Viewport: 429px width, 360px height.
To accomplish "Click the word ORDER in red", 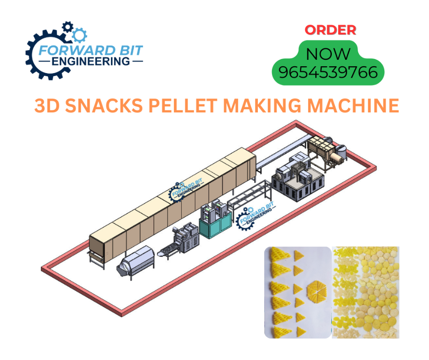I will click(x=330, y=30).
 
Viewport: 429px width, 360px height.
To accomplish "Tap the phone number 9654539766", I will click(x=328, y=73).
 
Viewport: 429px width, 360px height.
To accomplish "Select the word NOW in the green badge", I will click(x=328, y=54).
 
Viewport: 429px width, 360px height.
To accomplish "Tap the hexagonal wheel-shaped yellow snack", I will click(x=314, y=289).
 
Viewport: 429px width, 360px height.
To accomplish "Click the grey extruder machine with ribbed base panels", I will click(x=292, y=181).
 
